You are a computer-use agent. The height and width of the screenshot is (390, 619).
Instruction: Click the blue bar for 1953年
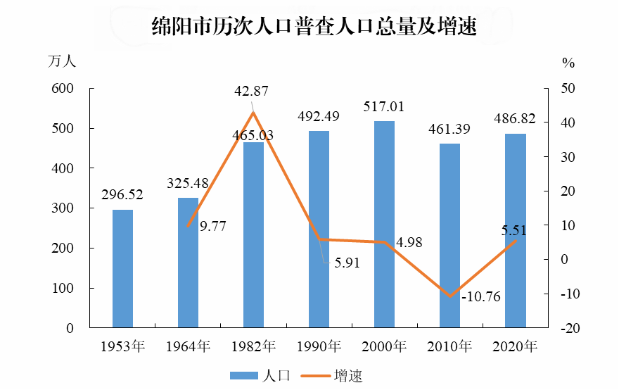point(123,269)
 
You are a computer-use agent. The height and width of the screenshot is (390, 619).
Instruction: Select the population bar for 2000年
point(384,225)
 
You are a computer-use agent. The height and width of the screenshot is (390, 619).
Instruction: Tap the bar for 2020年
point(515,231)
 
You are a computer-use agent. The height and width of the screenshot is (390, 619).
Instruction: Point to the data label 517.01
point(384,107)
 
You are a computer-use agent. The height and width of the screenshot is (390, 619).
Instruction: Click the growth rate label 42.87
point(252,92)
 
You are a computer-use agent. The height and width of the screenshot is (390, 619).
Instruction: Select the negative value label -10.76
point(481,296)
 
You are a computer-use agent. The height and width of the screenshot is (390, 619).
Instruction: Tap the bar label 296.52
point(122,194)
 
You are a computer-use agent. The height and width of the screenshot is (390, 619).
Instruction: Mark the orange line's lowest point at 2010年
point(449,296)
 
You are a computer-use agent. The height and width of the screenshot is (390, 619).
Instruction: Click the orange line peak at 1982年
point(253,113)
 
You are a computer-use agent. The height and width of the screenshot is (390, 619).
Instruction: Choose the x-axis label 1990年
point(319,346)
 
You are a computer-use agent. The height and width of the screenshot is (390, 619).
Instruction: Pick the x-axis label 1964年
point(188,346)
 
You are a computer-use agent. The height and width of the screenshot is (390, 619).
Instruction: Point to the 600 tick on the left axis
point(63,89)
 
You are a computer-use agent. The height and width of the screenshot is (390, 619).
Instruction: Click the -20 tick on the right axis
point(570,328)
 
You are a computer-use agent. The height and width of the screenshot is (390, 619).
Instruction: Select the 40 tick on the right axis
point(568,122)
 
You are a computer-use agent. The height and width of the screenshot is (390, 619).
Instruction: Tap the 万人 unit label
point(62,62)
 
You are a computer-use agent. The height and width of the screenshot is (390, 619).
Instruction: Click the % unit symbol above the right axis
point(568,63)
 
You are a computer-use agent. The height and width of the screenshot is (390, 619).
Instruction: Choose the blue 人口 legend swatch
point(244,375)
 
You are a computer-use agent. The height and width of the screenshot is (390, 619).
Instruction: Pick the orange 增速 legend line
point(315,375)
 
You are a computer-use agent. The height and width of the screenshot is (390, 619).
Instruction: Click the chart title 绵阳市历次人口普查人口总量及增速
point(314,26)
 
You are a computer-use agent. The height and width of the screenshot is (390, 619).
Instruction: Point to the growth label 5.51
point(514,230)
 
